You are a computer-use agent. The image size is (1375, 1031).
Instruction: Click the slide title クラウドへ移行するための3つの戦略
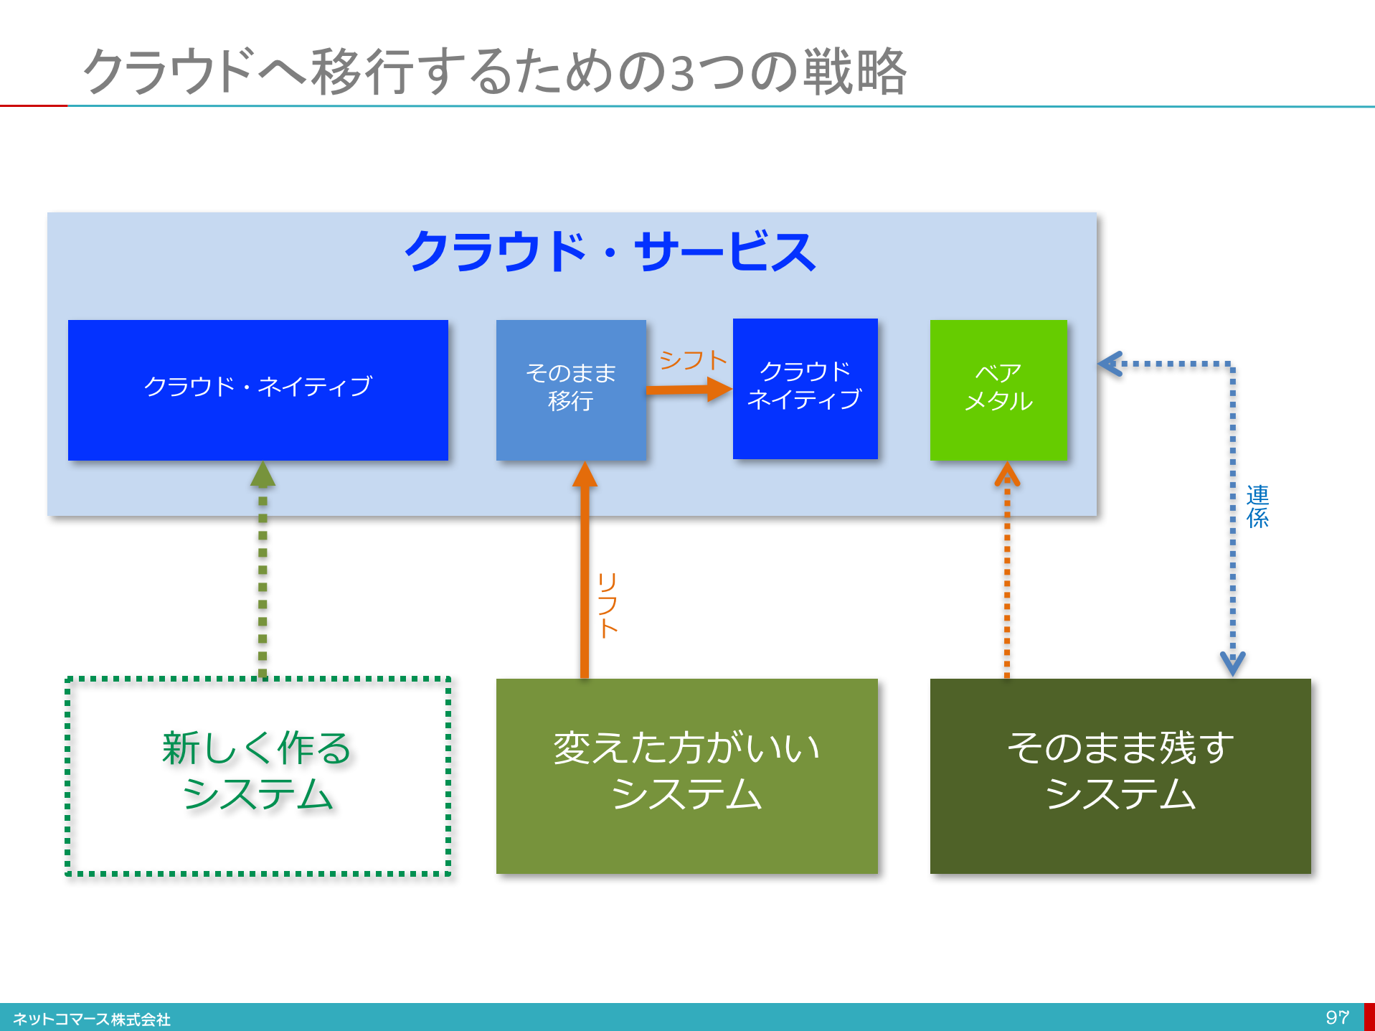point(495,72)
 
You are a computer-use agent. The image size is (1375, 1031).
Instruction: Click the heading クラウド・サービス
point(610,252)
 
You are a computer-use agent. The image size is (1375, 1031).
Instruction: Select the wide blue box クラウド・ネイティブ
point(258,390)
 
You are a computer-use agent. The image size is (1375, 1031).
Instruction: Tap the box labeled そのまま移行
point(571,390)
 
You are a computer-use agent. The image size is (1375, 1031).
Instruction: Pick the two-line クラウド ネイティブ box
point(805,388)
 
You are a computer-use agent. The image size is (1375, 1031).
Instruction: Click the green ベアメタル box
point(998,390)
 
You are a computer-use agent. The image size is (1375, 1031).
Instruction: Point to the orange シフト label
point(693,360)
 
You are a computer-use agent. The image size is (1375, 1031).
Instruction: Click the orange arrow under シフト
point(689,390)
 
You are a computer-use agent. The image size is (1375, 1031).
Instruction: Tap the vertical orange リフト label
point(608,605)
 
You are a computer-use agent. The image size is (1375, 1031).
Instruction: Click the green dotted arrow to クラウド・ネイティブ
point(263,570)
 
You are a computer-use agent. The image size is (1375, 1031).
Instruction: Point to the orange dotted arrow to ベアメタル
point(1007,570)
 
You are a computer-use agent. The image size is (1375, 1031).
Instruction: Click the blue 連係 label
point(1257,507)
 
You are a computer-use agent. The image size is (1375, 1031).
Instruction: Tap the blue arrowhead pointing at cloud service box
point(1109,364)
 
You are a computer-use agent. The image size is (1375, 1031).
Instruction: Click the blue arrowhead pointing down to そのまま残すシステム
point(1233,664)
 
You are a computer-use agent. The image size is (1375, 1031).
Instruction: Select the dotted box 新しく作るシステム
point(258,776)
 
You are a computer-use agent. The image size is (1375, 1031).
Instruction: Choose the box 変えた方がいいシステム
point(687,776)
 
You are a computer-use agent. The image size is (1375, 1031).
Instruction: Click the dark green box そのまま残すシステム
point(1120,776)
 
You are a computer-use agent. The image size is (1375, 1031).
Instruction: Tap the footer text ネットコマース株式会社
point(92,1019)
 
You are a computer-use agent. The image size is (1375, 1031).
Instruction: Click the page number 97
point(1338,1017)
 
